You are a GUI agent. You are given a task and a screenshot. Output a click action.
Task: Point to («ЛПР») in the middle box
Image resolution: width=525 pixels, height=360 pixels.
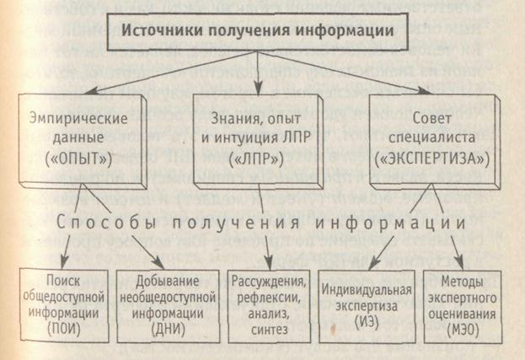click(x=256, y=157)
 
